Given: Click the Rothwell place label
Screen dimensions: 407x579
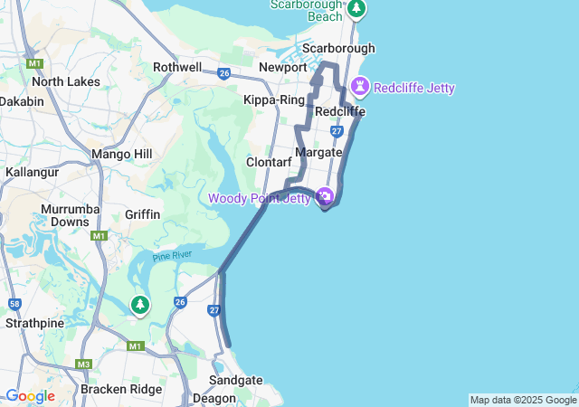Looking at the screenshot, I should [177, 67].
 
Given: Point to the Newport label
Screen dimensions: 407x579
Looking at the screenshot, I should [283, 67].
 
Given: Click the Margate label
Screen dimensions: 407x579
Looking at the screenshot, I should [318, 152].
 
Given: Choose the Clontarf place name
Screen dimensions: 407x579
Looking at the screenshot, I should [269, 162].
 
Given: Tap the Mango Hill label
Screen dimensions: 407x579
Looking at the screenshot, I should [122, 154].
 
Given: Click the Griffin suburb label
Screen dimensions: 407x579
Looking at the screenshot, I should [143, 214].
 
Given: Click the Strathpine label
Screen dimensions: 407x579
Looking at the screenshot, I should [33, 322].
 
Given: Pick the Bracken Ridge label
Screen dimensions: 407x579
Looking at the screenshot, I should [121, 389].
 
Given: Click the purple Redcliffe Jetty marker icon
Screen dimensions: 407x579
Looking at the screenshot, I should [361, 87].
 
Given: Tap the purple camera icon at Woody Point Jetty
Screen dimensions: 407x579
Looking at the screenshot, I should [325, 196].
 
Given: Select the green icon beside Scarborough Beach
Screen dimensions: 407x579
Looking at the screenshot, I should [356, 9].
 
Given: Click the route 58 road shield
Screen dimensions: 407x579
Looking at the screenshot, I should [15, 305].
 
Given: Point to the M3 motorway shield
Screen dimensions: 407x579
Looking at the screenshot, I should [84, 364].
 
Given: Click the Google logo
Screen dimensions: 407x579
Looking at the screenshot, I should [30, 396].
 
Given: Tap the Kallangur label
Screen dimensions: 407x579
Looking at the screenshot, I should [32, 171].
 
